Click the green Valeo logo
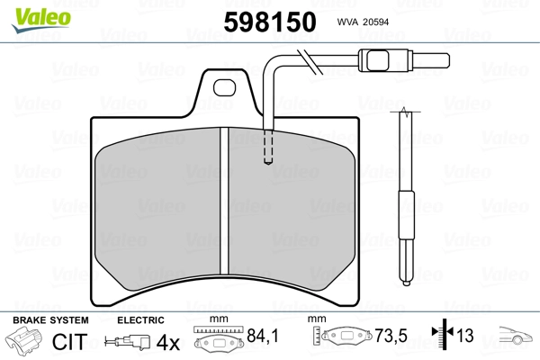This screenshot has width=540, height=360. [x=41, y=20]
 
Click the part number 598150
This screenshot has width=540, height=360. [x=270, y=22]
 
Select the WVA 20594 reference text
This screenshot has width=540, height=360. [x=363, y=22]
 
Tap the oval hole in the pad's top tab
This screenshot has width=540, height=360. [x=224, y=87]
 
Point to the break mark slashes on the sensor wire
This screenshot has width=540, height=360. [x=310, y=62]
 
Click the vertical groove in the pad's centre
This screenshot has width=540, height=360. [x=224, y=202]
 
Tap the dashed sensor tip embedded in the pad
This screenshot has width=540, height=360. [x=268, y=147]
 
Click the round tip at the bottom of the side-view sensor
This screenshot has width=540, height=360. [x=407, y=283]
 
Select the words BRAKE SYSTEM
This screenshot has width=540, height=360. [x=50, y=320]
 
